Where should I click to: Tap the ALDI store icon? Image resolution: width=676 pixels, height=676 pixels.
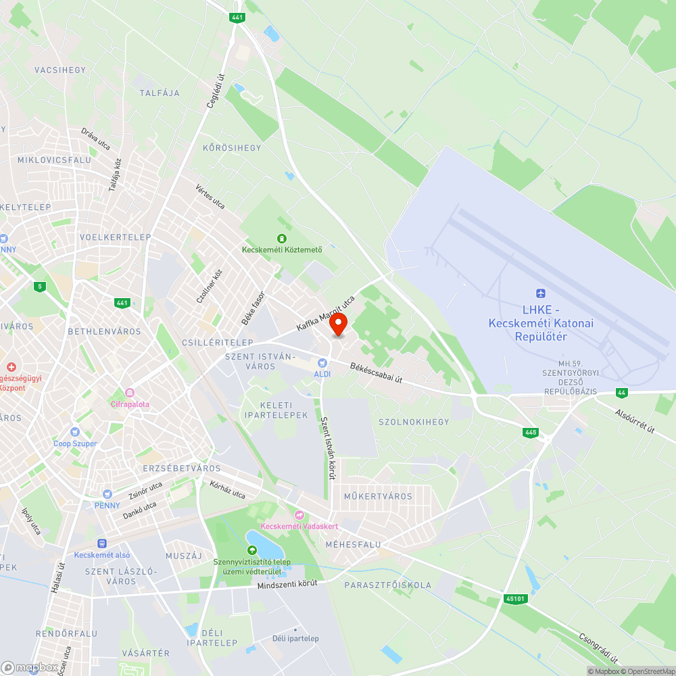(322, 364)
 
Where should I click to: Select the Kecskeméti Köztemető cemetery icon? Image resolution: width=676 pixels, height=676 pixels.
(281, 238)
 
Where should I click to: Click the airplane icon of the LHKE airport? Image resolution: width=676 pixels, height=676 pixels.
(539, 293)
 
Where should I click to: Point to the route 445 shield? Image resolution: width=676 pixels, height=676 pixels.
(531, 432)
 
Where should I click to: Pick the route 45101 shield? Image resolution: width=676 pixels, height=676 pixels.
(514, 598)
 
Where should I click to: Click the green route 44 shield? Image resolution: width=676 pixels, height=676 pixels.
(621, 393)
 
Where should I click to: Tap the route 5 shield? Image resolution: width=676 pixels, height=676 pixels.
(41, 287)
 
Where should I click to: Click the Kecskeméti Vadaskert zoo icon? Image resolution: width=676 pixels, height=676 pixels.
(299, 516)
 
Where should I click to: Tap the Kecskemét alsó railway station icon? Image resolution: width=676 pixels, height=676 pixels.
(102, 543)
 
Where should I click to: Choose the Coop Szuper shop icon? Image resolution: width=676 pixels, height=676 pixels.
(75, 433)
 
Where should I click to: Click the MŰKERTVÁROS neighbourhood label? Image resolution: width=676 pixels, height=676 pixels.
(378, 496)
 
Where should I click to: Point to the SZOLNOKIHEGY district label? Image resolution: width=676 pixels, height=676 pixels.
(414, 422)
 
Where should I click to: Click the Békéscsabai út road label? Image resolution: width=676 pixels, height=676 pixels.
(376, 374)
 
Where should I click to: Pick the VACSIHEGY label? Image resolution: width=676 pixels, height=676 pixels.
(60, 70)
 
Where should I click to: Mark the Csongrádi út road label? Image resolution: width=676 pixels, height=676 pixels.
(599, 647)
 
